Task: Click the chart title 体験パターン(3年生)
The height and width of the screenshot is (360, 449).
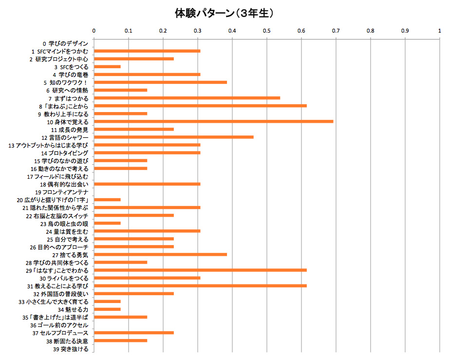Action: coord(224,13)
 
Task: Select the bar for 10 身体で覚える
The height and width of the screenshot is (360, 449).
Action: coord(213,121)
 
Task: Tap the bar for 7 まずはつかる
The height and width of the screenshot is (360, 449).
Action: coord(187,98)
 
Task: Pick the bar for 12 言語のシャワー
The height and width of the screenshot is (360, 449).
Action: coord(173,137)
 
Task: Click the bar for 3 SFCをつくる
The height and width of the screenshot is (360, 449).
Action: coord(107,67)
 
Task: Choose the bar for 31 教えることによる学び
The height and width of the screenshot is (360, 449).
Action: coord(200,285)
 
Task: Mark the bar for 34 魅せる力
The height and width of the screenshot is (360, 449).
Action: coord(107,309)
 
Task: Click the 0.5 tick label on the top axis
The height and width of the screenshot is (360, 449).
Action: coord(266,31)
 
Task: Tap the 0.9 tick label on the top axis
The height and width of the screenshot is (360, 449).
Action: coord(405,31)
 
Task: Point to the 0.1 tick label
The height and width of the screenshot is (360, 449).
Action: coord(128,31)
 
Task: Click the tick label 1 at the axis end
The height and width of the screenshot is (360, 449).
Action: coord(440,31)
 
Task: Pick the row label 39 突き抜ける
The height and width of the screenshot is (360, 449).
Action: coord(71,349)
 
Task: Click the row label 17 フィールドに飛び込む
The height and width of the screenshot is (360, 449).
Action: coord(58,176)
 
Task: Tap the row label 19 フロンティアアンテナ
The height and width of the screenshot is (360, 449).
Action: coord(62,192)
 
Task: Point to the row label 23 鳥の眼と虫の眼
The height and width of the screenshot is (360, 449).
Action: coord(64,223)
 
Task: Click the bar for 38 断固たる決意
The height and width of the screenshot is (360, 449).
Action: coord(120,340)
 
